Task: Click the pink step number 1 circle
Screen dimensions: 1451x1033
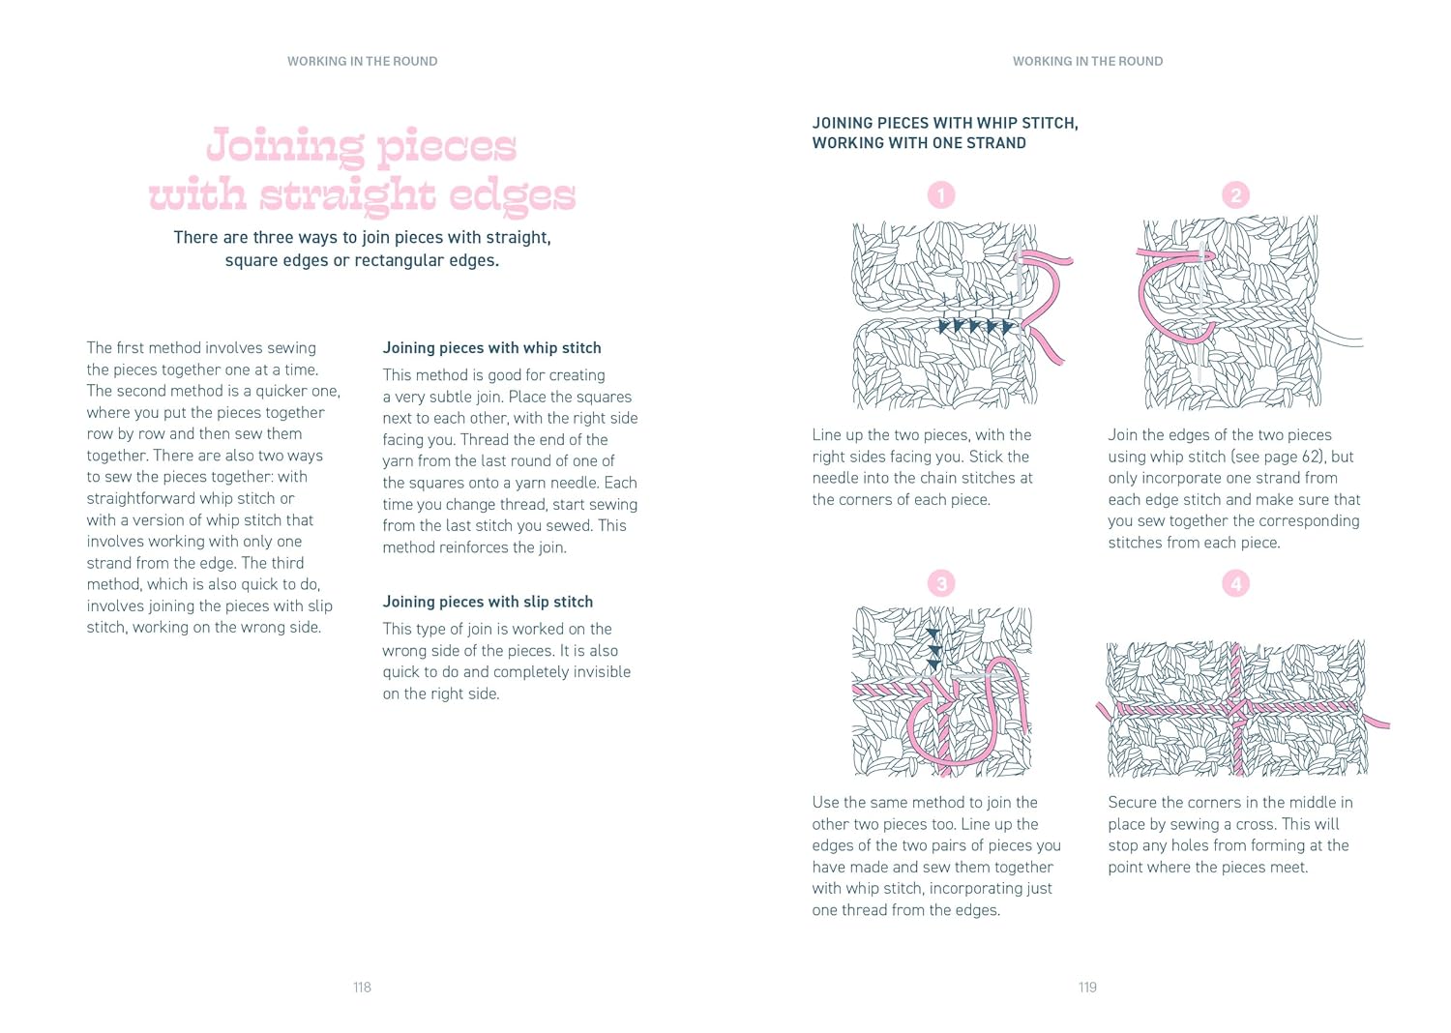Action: pos(941,195)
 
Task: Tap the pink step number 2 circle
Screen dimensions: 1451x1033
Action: pos(1235,195)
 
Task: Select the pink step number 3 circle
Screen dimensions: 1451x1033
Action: pos(941,583)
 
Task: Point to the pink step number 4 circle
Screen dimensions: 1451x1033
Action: pos(1235,583)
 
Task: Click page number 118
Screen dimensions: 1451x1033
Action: pos(362,987)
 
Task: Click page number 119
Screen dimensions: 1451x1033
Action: pos(1087,987)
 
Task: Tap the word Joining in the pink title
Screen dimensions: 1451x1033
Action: pos(285,146)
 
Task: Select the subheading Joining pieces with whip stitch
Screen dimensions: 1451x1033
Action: pos(491,348)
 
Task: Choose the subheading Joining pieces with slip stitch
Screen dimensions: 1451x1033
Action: pos(488,602)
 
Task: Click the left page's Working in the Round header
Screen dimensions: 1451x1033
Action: pos(362,61)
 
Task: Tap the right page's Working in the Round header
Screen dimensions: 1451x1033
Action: pos(1087,61)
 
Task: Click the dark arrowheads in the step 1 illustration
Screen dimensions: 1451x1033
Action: pos(976,326)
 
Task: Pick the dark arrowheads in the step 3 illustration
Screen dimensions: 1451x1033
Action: pos(933,649)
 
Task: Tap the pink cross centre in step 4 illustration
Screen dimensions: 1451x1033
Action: pos(1236,707)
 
